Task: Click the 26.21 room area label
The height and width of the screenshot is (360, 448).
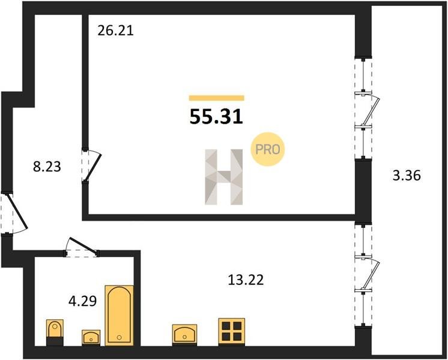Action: point(115,31)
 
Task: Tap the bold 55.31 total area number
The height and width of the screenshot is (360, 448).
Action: point(216,117)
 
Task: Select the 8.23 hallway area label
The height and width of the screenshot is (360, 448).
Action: point(47,167)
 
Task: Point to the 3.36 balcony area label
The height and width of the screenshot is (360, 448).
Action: point(407,175)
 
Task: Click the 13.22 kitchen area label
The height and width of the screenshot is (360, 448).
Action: point(246,280)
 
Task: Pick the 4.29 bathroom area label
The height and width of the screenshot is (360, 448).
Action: point(82,301)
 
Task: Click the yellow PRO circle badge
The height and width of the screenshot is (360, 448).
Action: point(268,149)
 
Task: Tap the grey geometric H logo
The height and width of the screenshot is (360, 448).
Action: point(224,177)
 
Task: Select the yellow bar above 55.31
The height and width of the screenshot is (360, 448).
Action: point(217,98)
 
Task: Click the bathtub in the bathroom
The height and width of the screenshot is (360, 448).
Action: point(119,316)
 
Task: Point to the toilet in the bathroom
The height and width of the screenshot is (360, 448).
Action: point(55,332)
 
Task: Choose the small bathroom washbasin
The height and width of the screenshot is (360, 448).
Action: point(91,337)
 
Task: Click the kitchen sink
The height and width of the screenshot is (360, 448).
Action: point(184,334)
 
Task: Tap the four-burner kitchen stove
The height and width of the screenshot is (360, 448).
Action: point(231,331)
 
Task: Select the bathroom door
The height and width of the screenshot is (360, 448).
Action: point(82,247)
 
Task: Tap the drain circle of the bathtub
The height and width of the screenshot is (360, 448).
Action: point(119,337)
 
